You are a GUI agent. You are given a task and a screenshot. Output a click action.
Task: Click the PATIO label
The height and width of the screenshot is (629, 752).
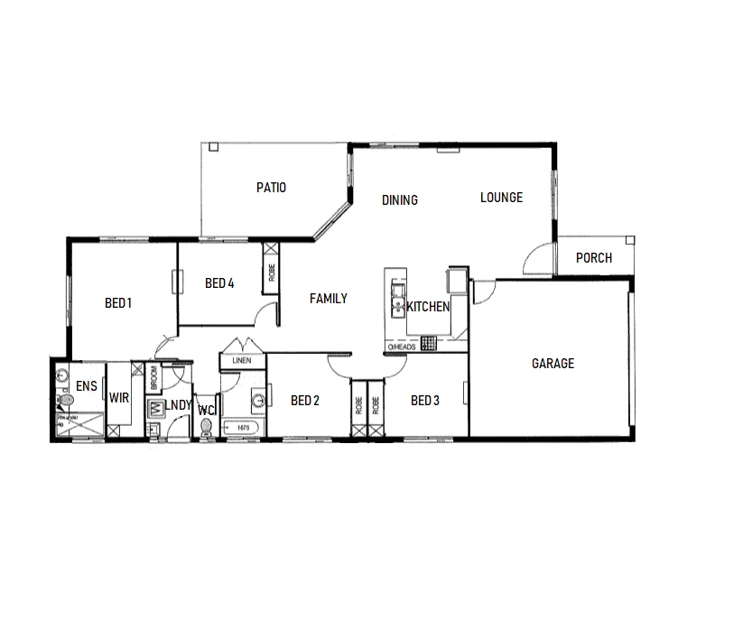271,188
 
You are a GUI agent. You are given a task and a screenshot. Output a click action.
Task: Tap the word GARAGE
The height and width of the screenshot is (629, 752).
552,364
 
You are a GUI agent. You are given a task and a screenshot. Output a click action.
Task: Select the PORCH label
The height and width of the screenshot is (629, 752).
593,258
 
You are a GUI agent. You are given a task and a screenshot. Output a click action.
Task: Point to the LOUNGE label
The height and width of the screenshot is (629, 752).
501,198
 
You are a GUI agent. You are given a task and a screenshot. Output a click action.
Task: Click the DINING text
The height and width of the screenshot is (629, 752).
399,200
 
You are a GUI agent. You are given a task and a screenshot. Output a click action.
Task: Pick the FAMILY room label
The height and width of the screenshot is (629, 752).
329,299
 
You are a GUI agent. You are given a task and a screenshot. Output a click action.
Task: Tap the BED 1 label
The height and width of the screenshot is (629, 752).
118,303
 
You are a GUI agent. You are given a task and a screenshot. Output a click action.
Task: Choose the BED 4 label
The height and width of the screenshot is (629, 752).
219,283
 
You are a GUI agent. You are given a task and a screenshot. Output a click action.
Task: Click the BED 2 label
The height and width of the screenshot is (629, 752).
305,401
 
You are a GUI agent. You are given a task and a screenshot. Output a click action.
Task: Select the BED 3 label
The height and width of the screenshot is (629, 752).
424,401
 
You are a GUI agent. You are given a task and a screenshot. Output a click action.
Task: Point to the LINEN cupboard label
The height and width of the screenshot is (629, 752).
241,361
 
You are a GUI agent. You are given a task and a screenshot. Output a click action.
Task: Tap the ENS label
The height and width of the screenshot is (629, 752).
87,386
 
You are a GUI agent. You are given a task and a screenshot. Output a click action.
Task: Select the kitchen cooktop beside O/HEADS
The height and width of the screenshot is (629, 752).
429,343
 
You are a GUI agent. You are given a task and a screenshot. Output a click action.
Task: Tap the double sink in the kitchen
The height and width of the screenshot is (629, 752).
396,300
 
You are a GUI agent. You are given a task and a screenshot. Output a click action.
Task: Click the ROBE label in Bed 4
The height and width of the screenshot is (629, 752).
271,269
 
